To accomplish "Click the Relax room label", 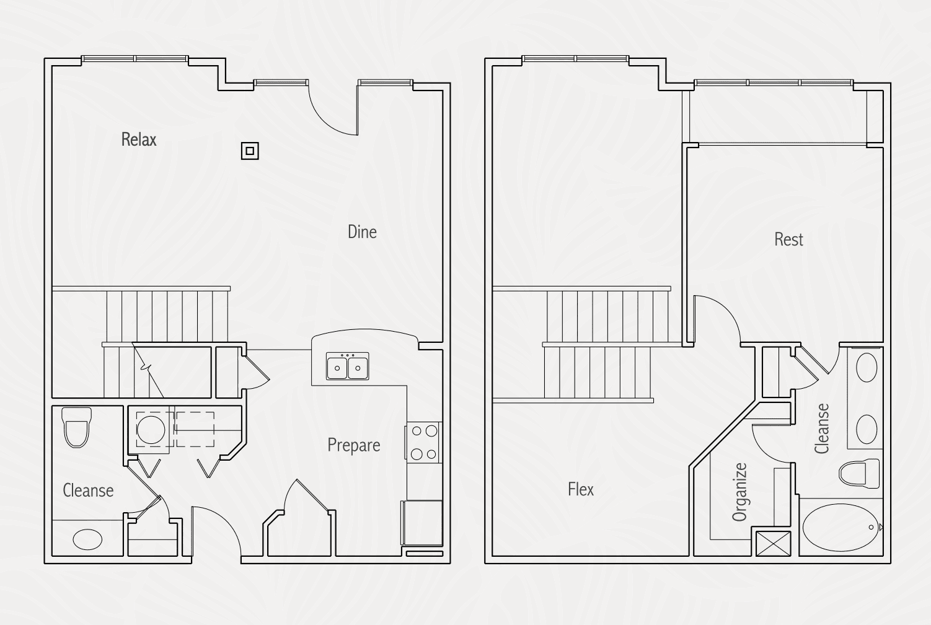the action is [139, 140].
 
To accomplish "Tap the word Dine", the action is [362, 232].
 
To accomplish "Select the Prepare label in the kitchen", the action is [354, 445].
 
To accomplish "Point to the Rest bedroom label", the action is [788, 239].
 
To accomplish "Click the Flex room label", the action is [581, 489].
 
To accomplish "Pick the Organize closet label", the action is [739, 492].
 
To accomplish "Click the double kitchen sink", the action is [348, 366].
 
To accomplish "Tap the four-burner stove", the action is [423, 443].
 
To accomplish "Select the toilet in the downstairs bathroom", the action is [76, 427].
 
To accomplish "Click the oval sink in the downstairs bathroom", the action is [87, 539].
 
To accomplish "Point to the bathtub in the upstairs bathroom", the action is [841, 528].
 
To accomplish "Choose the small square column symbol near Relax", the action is [250, 151].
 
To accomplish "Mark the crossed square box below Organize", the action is [773, 544].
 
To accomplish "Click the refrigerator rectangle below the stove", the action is [422, 523].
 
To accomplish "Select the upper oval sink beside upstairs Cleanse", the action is [867, 368].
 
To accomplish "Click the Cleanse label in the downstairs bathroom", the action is [88, 490].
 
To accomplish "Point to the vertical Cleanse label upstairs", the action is [822, 428].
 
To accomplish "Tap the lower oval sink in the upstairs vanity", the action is [867, 429].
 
